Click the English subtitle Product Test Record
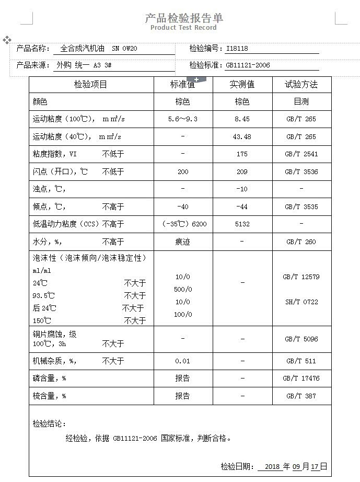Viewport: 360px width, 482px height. [183, 28]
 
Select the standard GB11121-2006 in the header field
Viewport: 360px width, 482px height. [248, 65]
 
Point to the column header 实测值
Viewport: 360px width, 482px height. [242, 85]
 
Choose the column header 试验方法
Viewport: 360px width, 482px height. [301, 85]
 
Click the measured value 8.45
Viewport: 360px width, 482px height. [242, 119]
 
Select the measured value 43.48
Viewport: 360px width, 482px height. [242, 137]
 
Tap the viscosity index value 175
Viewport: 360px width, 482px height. [242, 154]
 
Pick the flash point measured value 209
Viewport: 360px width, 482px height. [242, 172]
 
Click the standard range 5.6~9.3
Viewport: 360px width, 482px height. [183, 119]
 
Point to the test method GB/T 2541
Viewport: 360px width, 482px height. [301, 154]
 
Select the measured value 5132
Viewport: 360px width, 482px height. [242, 224]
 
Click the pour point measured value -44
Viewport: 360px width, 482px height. [242, 207]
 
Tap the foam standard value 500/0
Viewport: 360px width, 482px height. [183, 289]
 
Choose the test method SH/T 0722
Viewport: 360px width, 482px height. [301, 302]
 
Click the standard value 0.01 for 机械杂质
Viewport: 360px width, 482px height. [183, 361]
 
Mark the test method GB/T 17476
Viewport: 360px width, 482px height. [301, 378]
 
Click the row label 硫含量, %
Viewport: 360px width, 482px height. [49, 396]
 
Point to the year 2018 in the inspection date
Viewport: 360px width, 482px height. [272, 467]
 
